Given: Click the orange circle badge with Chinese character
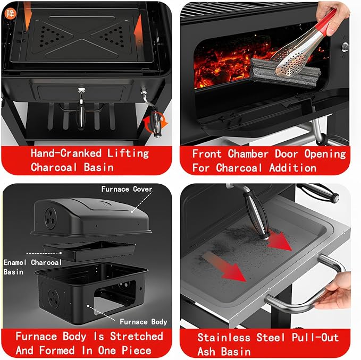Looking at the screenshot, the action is [x=11, y=14].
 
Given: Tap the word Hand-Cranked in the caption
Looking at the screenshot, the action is [x=66, y=153].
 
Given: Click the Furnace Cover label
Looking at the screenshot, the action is [x=127, y=189].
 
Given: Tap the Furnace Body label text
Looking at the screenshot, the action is [x=143, y=322].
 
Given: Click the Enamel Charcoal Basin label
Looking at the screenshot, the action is [x=32, y=267].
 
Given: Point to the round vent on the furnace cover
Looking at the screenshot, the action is [x=50, y=218].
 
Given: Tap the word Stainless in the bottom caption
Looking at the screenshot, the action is [x=224, y=338].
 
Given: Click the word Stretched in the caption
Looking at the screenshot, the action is [x=137, y=336].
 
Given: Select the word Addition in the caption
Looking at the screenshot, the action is [x=292, y=168].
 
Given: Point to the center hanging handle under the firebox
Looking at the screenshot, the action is [x=81, y=108].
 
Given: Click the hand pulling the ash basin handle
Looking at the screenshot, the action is [x=336, y=291].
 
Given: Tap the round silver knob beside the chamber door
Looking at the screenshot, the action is [x=345, y=47].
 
